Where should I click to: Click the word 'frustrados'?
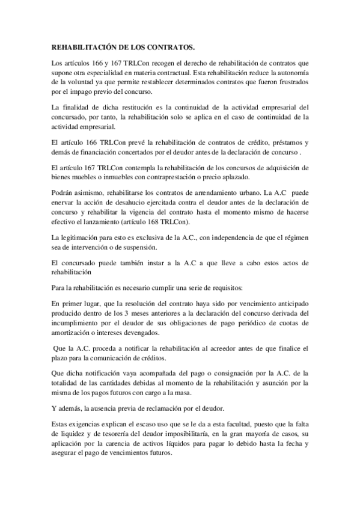coord(290,82)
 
